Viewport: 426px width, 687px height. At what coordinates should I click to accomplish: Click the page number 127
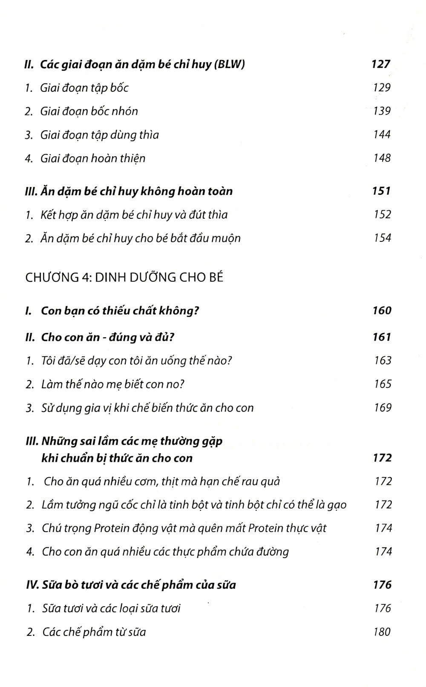click(x=381, y=64)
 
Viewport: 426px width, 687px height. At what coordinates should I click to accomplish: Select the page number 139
click(x=382, y=111)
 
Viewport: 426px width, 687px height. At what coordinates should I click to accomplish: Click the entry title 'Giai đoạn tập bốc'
click(x=84, y=88)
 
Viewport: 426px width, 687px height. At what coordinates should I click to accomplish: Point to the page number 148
click(x=382, y=158)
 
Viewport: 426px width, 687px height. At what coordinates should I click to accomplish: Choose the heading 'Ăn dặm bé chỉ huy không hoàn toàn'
click(x=136, y=191)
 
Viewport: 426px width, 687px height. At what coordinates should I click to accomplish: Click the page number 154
click(x=382, y=238)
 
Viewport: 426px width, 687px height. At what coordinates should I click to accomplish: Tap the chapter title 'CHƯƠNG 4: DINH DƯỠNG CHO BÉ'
click(x=124, y=278)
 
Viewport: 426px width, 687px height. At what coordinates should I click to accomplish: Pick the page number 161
click(x=381, y=337)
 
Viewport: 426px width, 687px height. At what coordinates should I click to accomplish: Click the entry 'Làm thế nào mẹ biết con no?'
click(x=113, y=384)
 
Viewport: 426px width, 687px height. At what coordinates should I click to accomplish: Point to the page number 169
click(x=382, y=408)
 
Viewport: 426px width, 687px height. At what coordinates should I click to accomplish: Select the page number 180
click(x=382, y=632)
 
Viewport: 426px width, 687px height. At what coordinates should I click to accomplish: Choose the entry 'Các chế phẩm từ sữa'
click(x=94, y=632)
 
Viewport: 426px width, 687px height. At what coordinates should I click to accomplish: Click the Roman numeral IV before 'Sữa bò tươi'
click(x=32, y=585)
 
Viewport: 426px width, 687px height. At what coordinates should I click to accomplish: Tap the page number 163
click(x=382, y=361)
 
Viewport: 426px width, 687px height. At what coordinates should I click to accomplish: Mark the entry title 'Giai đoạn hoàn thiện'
click(x=93, y=159)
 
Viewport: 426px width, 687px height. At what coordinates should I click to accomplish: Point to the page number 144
click(x=382, y=135)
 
